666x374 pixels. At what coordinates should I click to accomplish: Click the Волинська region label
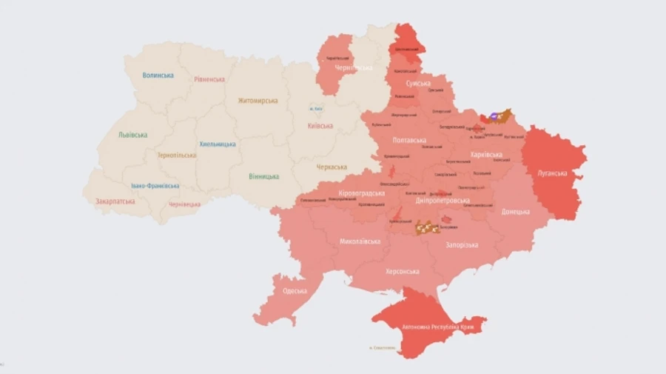(158, 76)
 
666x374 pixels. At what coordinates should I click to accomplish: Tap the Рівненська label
(209, 79)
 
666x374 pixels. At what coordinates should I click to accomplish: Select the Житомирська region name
(258, 101)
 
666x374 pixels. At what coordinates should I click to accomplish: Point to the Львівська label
(132, 135)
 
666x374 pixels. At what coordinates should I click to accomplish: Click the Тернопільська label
(177, 156)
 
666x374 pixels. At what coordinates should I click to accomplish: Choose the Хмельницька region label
(218, 144)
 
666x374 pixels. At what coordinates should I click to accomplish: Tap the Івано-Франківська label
(155, 186)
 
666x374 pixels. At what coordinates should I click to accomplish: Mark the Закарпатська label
(115, 201)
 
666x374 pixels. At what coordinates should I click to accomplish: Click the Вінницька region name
(264, 176)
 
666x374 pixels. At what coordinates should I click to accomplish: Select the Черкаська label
(332, 167)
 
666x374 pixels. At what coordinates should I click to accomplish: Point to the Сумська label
(418, 84)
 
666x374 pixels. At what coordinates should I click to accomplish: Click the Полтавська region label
(409, 141)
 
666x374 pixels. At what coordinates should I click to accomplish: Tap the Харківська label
(486, 155)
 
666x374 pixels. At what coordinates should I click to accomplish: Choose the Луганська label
(552, 173)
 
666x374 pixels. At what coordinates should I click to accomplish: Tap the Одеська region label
(295, 290)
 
